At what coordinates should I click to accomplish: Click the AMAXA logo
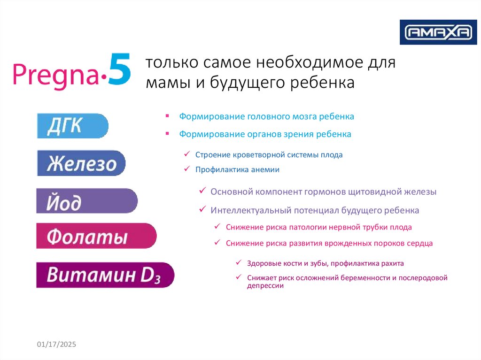tap(438, 32)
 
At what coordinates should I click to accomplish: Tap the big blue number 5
tap(119, 69)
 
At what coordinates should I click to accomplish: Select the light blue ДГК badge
tap(73, 126)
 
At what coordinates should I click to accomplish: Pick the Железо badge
tap(81, 163)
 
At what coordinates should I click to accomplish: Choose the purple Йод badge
tap(87, 201)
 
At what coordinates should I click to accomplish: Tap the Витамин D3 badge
tap(105, 275)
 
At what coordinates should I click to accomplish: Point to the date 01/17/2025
tap(56, 345)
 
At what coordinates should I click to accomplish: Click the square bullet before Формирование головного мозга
tap(167, 116)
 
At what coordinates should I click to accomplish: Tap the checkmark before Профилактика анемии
tap(187, 169)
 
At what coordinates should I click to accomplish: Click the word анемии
tap(265, 169)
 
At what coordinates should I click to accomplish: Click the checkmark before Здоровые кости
tap(239, 262)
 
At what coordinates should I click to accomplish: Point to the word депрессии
tap(265, 286)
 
